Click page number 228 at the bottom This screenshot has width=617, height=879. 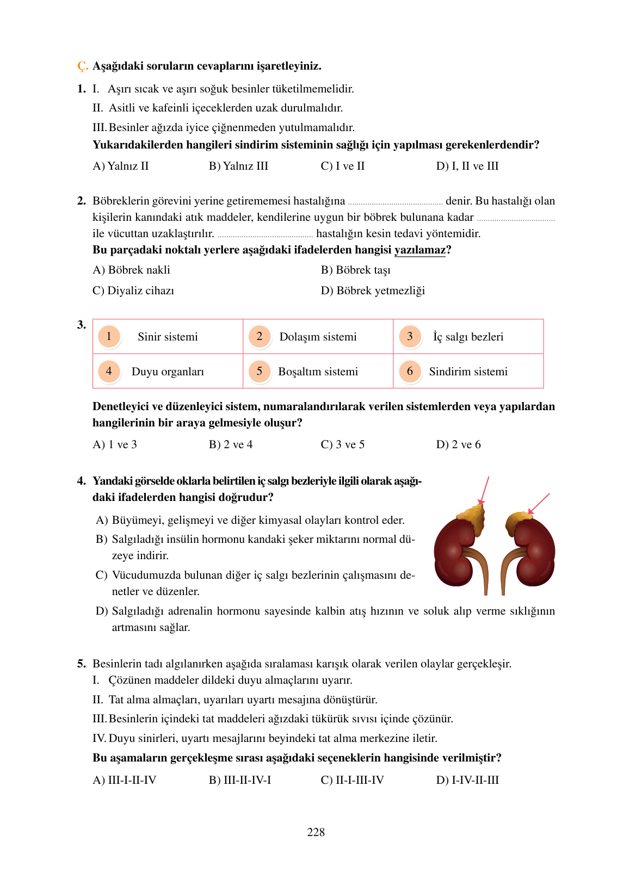click(316, 832)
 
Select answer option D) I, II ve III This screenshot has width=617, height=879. click(467, 166)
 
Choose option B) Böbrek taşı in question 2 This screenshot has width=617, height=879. click(355, 270)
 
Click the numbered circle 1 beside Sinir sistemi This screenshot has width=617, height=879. click(109, 336)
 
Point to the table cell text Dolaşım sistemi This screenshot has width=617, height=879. click(318, 337)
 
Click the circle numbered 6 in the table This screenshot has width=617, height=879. click(410, 371)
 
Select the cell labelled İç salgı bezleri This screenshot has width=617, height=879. click(468, 337)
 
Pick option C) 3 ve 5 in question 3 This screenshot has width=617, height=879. click(342, 444)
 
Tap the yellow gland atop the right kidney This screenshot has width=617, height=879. click(518, 519)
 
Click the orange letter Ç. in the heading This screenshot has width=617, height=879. click(82, 66)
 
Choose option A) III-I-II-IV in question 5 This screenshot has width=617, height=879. click(125, 780)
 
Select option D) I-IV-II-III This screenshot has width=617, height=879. click(467, 780)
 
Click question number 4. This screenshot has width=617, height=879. click(82, 481)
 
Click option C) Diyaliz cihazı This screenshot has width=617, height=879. click(133, 290)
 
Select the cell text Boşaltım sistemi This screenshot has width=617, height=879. click(318, 372)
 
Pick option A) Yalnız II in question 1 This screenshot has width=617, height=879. click(121, 166)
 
